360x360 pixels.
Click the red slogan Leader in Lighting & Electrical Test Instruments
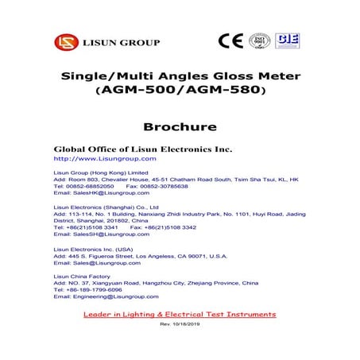[x=180, y=315]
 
